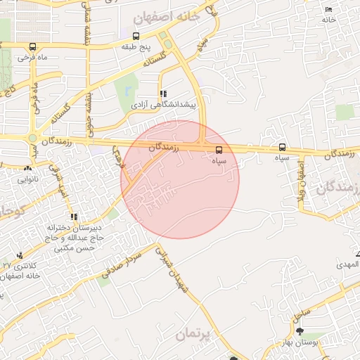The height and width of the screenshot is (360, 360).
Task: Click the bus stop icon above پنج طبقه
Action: point(136,36)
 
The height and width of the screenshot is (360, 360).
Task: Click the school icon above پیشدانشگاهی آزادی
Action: point(163,94)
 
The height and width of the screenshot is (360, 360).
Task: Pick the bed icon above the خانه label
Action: point(329,8)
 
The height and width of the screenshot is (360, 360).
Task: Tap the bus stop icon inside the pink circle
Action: point(219,150)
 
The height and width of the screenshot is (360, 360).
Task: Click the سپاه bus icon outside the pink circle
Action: point(282,148)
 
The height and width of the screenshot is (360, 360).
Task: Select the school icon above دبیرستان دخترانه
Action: point(74,217)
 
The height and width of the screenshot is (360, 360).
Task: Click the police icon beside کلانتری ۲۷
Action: point(20,255)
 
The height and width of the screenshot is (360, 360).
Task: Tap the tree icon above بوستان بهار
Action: point(300,331)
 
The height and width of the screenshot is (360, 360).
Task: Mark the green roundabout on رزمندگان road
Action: point(32,138)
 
